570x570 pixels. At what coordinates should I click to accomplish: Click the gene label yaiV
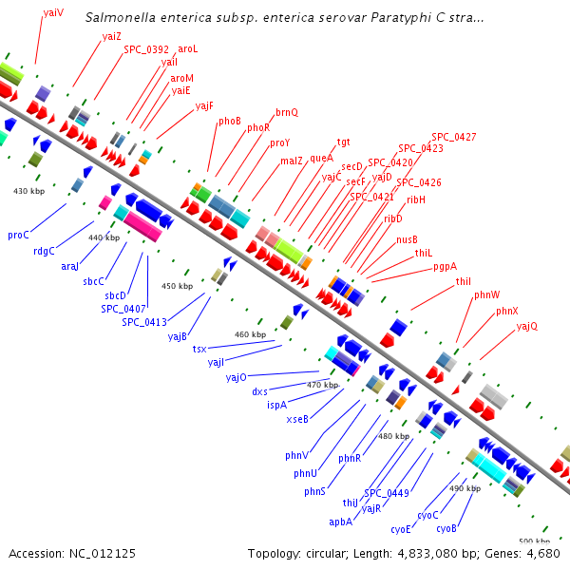[54, 12]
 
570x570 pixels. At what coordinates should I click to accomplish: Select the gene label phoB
[230, 121]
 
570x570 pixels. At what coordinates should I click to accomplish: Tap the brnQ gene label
[287, 112]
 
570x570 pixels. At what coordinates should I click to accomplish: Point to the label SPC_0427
[454, 137]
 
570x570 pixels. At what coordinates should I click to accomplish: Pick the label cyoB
[446, 527]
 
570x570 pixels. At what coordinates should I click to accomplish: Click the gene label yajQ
[527, 326]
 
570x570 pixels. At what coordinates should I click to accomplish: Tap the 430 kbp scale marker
[29, 191]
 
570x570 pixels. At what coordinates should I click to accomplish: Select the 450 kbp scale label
[177, 286]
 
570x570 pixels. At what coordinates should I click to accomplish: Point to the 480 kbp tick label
[394, 436]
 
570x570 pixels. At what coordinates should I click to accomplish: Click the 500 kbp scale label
[534, 540]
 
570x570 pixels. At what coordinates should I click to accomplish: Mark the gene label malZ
[292, 161]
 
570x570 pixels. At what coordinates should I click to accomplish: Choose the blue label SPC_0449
[387, 492]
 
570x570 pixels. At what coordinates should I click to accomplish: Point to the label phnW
[487, 295]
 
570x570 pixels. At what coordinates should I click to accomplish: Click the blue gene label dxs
[260, 390]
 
